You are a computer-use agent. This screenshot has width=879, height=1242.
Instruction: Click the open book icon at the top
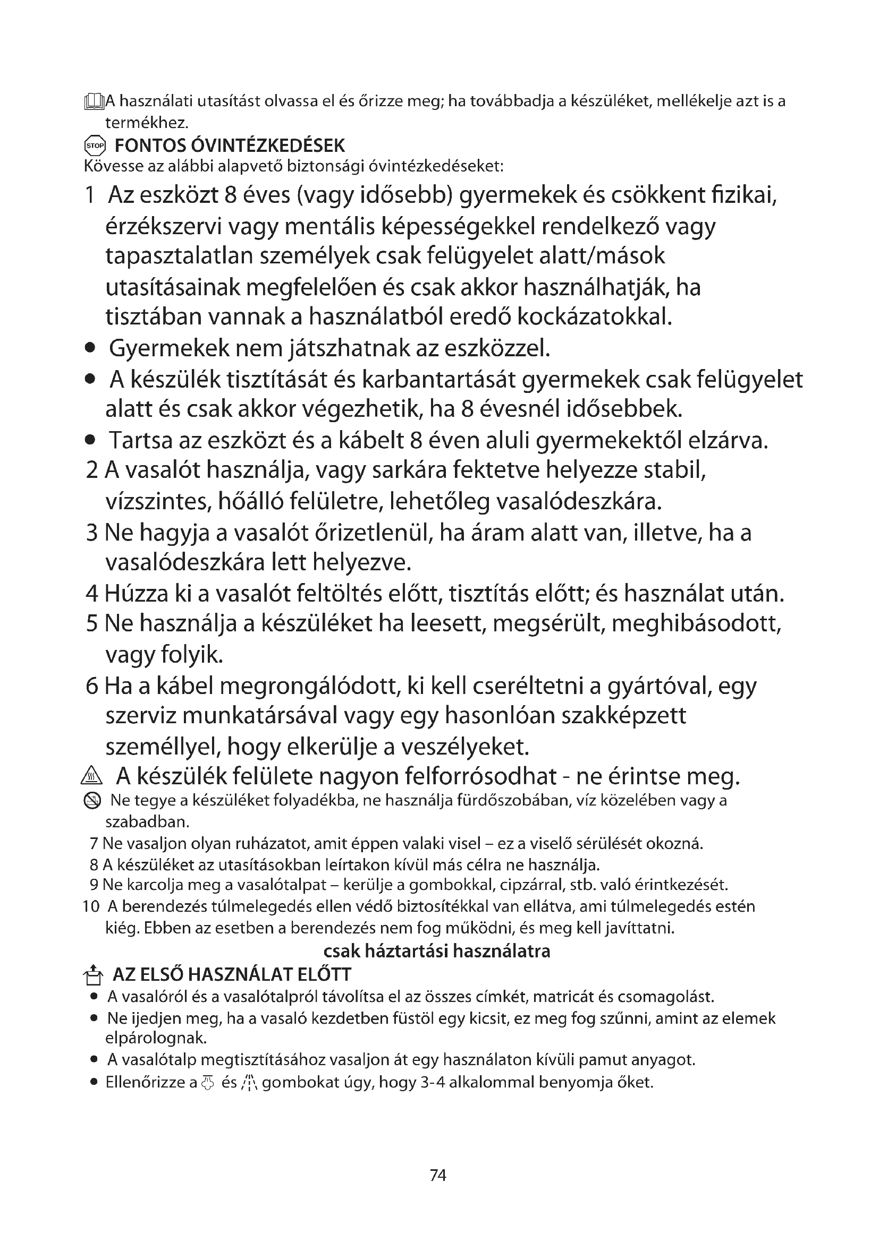94,101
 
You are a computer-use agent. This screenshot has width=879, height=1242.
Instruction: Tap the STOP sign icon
95,145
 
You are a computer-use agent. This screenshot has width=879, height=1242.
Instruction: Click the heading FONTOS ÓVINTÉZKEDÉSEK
230,145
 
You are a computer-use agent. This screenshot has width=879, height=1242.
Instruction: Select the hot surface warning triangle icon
88,778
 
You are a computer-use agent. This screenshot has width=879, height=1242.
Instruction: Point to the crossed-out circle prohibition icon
92,801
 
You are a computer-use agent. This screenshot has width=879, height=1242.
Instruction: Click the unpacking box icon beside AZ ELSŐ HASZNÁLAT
94,975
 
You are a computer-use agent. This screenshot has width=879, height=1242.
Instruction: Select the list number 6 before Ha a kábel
92,686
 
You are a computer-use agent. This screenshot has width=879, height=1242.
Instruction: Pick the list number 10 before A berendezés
91,906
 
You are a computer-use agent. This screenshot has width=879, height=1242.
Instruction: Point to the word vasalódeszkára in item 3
182,563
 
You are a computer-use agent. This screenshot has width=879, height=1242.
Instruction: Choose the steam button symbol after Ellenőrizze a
207,1082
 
